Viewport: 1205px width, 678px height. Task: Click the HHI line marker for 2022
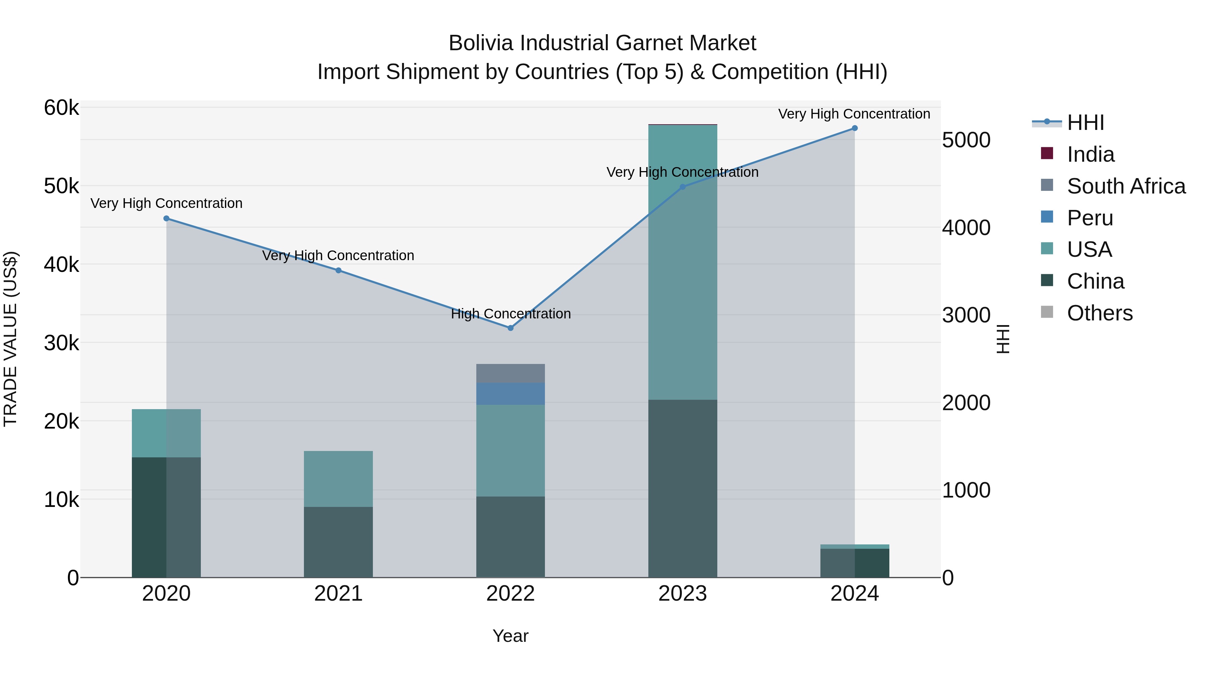510,328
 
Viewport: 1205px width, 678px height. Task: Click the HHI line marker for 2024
855,128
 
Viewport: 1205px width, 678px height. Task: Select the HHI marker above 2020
167,219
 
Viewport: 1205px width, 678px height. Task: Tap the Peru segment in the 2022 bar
510,394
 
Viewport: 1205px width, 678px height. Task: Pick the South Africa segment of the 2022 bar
510,373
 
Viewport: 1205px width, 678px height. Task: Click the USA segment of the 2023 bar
682,262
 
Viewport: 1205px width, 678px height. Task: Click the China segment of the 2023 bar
682,488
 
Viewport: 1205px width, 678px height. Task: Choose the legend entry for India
1091,154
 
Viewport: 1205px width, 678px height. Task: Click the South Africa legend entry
1126,186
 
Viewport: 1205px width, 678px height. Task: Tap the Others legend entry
1099,313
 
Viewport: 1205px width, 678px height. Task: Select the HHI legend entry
1085,123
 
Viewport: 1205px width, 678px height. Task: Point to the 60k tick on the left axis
61,108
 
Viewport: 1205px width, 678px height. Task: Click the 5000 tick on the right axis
966,140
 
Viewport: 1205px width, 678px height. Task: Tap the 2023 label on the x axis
682,594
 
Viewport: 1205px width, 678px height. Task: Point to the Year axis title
510,636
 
